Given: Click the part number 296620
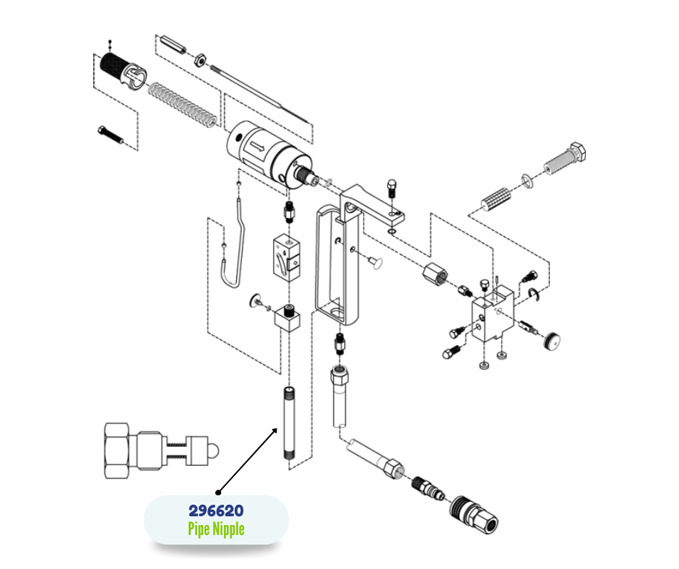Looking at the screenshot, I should [x=215, y=511].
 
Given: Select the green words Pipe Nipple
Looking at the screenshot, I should [x=215, y=529].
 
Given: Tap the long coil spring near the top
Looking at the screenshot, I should [x=181, y=103].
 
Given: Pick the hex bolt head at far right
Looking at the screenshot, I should [x=579, y=153].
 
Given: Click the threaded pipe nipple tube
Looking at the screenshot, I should [x=289, y=426].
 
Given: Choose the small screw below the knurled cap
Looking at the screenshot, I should [x=109, y=134].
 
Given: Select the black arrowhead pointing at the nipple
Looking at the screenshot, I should [x=274, y=431].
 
